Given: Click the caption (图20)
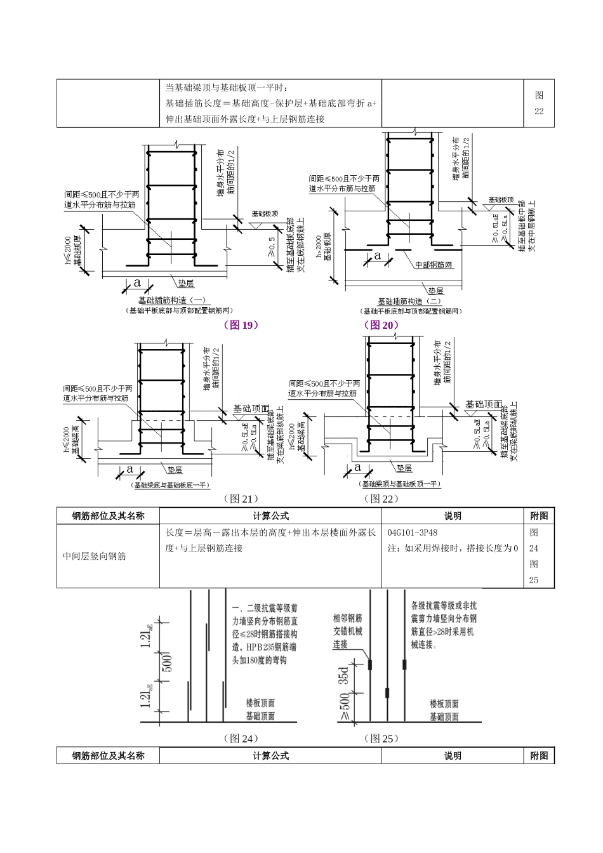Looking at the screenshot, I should point(381,325).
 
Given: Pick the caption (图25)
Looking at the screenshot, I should point(381,738).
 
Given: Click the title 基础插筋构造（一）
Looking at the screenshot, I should point(172,300).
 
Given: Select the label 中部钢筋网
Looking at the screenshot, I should point(434,265).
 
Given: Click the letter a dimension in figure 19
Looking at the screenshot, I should point(137,283).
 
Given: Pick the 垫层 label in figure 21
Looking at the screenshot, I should point(175,470).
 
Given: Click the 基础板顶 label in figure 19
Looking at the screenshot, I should point(265,214).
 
